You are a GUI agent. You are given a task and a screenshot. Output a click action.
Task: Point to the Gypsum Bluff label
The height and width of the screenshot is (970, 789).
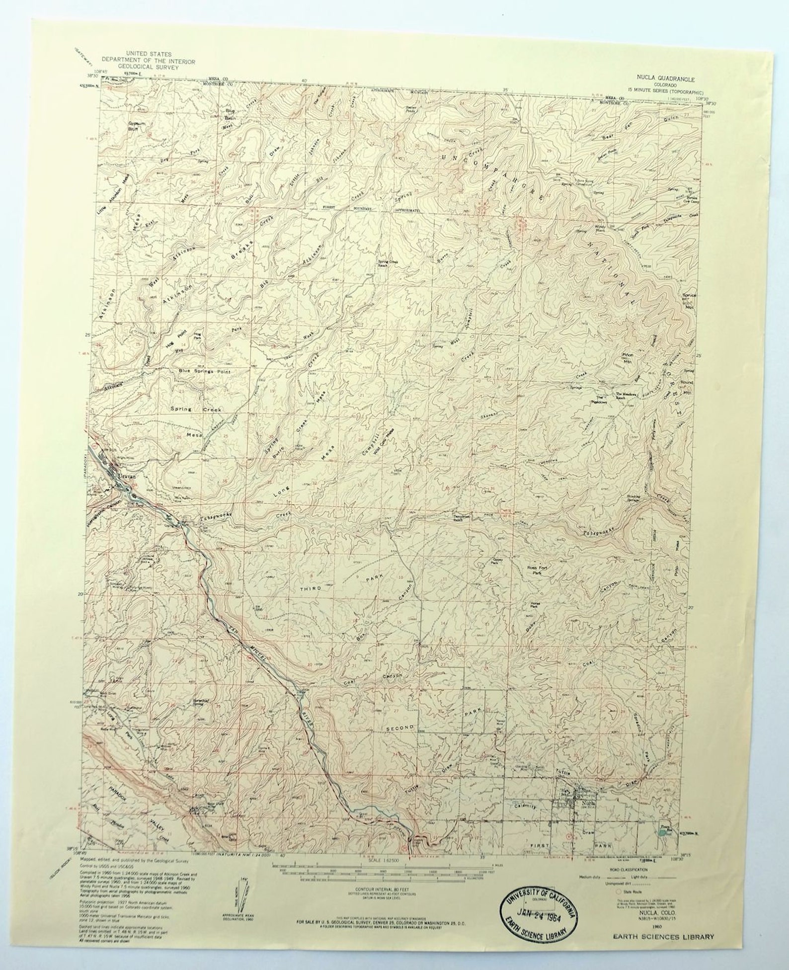133,126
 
